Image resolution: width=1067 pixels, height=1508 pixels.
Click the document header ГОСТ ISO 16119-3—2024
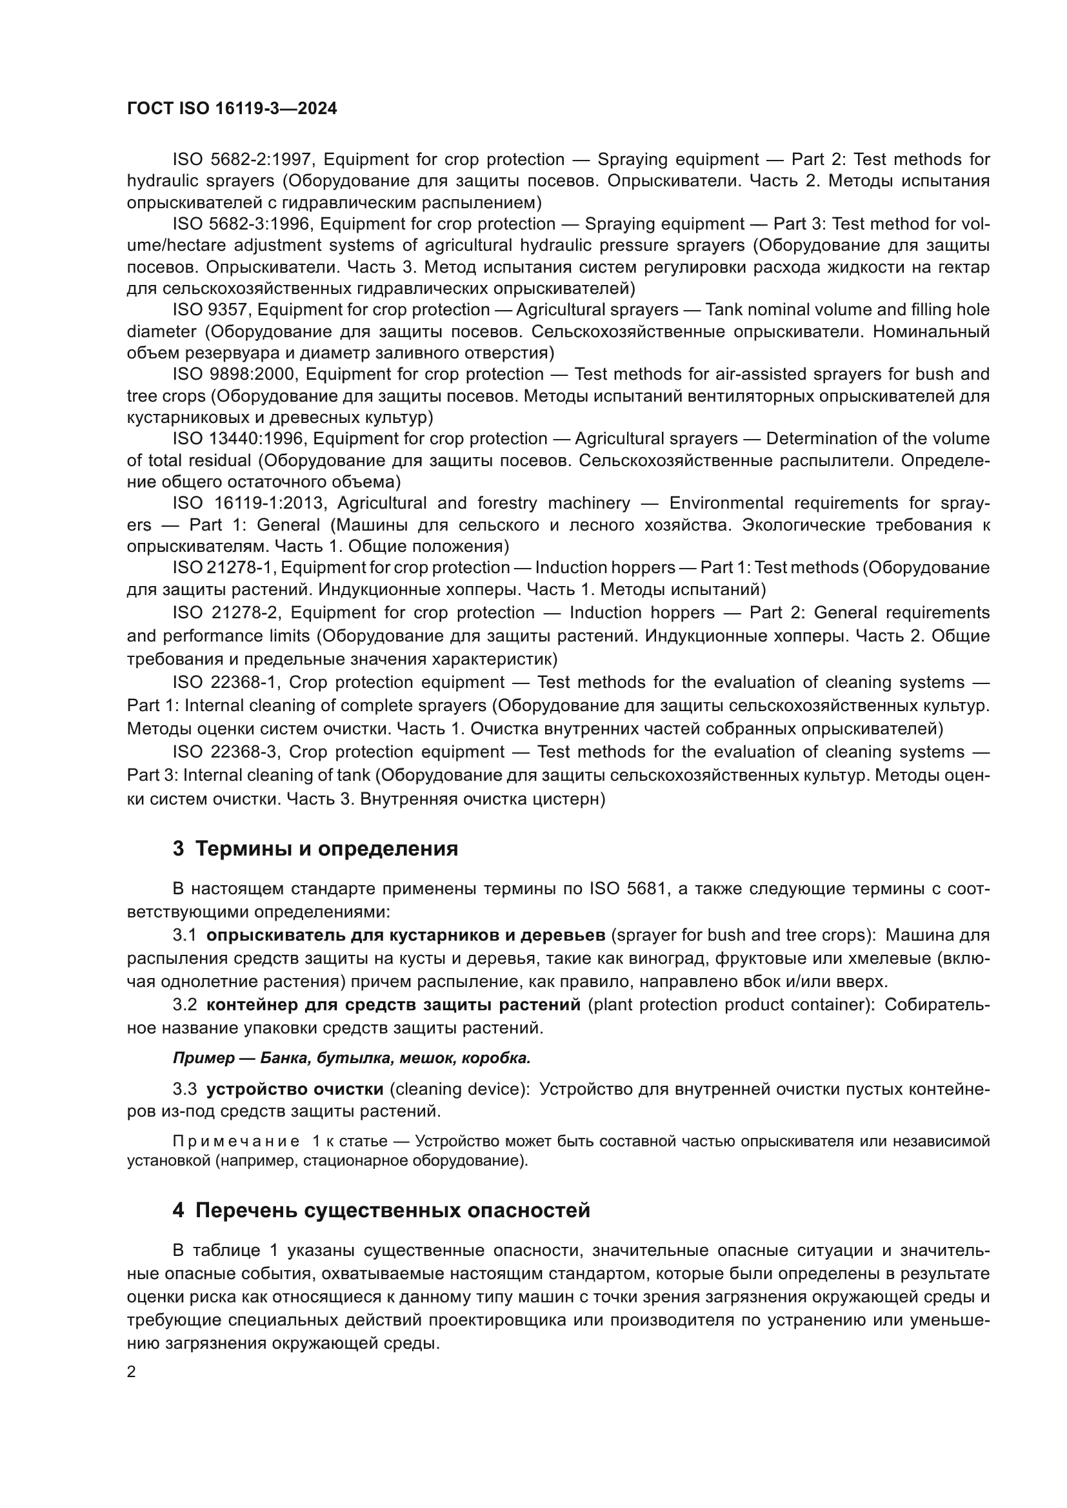[x=232, y=109]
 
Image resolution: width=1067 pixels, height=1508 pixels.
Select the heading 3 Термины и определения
[x=315, y=848]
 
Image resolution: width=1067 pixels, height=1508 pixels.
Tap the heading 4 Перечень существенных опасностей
[x=381, y=1209]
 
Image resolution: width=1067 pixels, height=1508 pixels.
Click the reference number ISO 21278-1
[x=223, y=567]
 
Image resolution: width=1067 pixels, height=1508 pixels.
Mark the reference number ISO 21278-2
[x=226, y=612]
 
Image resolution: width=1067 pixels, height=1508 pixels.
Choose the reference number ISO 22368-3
[x=226, y=751]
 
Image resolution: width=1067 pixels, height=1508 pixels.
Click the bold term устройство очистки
[x=295, y=1089]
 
